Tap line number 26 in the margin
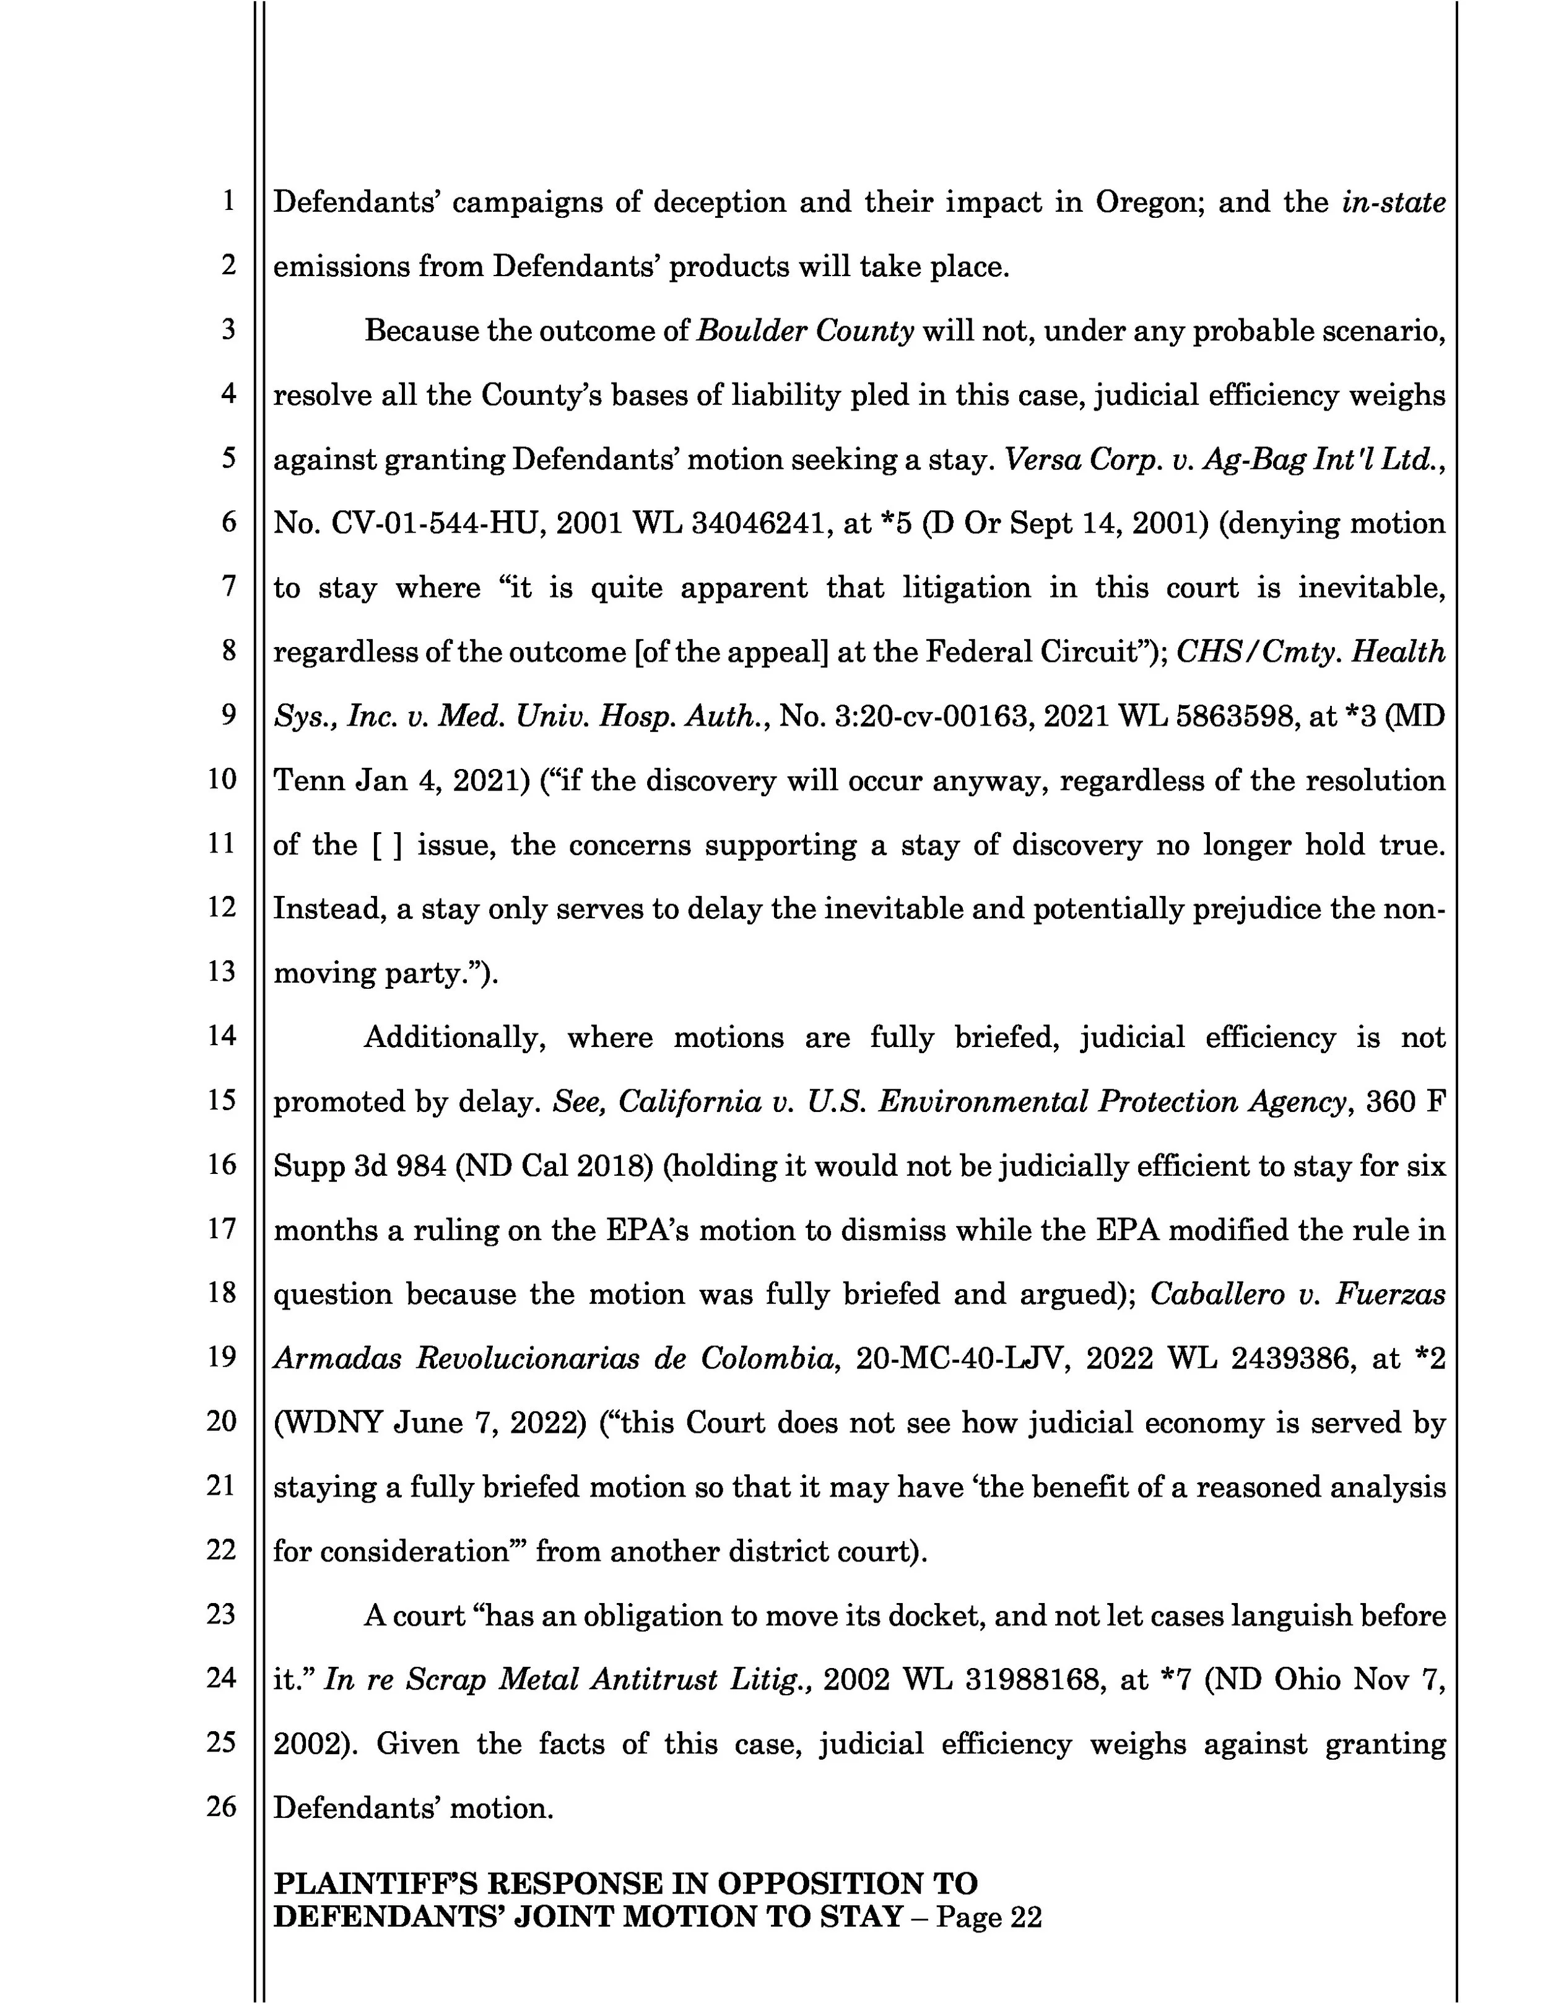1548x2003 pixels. pos(221,1806)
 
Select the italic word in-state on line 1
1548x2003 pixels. pos(1393,202)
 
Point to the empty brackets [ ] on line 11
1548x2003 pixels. pos(387,845)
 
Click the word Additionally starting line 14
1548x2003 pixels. pos(456,1037)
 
